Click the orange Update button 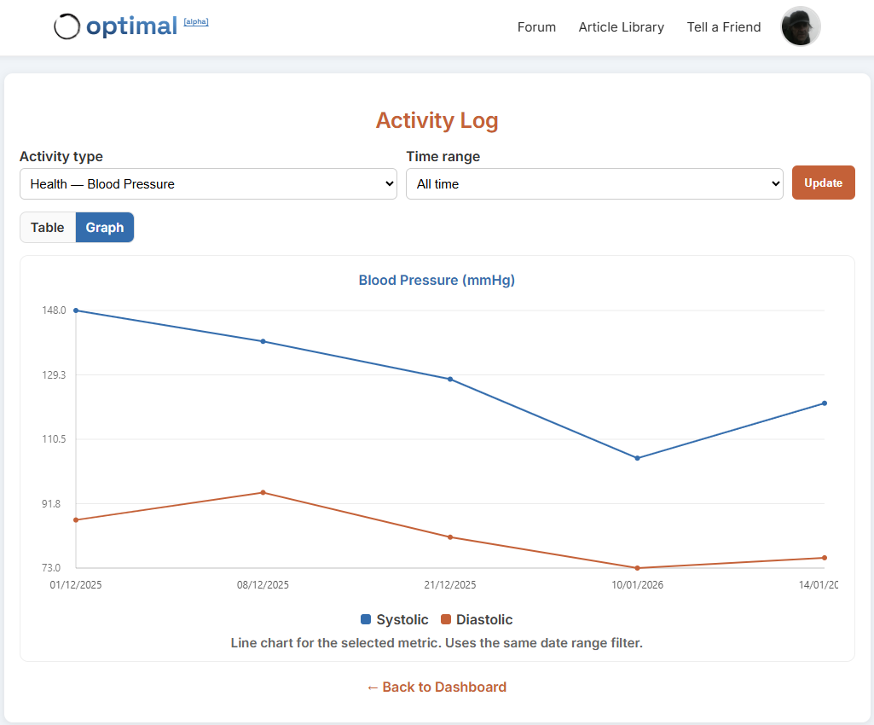[x=823, y=183]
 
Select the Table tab [x=48, y=228]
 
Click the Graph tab [x=105, y=228]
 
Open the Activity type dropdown [x=208, y=184]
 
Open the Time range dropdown [x=594, y=184]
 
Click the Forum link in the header [x=536, y=27]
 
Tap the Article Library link [x=621, y=27]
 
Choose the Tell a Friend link [x=724, y=27]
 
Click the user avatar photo [x=801, y=26]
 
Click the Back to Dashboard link [x=437, y=687]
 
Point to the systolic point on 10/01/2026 [x=637, y=458]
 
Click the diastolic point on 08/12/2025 [x=263, y=492]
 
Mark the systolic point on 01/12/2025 [x=76, y=310]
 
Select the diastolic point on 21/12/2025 [x=450, y=537]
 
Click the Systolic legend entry [x=396, y=620]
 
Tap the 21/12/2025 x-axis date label [x=450, y=585]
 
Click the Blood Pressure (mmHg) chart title [x=437, y=280]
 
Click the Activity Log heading [x=437, y=120]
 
